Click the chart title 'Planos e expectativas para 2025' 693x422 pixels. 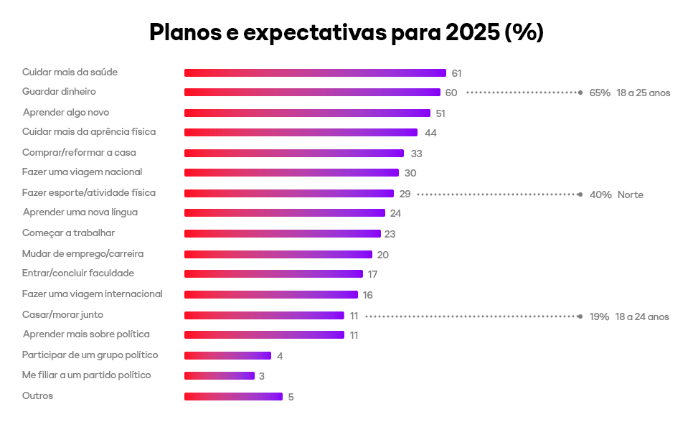346,32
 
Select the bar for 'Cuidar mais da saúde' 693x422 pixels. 315,72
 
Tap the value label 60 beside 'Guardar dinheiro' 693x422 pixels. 451,93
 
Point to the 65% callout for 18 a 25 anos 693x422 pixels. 600,93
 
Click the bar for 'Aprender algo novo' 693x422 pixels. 307,113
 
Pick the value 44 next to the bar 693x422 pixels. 430,133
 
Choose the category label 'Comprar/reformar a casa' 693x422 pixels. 79,153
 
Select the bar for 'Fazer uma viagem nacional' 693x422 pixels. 291,172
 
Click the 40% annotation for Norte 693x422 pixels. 600,194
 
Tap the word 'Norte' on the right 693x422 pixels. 631,194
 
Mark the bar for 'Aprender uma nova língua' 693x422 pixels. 285,213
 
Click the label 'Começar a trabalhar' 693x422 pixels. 69,233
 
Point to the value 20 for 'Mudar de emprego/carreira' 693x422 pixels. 383,255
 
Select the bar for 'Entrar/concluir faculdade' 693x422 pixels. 273,273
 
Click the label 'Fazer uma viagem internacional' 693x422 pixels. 93,294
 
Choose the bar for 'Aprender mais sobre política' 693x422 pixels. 264,334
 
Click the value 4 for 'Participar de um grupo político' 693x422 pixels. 280,356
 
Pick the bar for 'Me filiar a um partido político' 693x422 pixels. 220,375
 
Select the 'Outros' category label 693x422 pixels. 38,396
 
